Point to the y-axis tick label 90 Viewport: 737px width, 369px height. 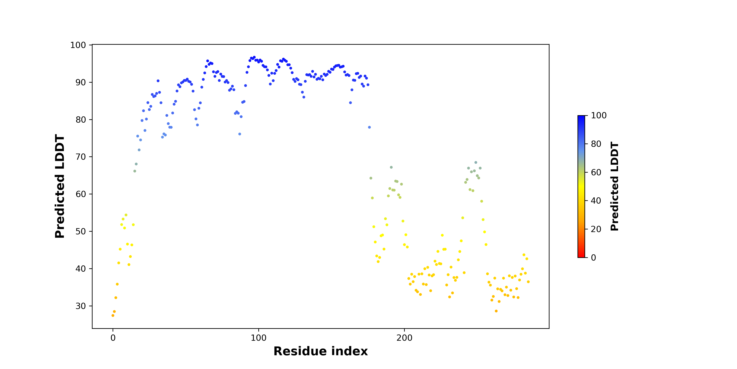[x=81, y=82]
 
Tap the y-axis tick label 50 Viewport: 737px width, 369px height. [x=81, y=231]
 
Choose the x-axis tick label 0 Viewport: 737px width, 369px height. [x=113, y=338]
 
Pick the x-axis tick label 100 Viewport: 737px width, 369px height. [x=259, y=338]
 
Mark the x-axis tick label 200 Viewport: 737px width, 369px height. [x=405, y=338]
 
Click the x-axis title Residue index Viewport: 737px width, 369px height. [x=321, y=351]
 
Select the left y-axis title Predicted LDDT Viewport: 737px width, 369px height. [x=60, y=186]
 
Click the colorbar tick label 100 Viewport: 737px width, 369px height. [x=599, y=115]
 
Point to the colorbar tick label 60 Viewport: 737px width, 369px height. [x=596, y=172]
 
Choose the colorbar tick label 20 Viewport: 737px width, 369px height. [x=596, y=229]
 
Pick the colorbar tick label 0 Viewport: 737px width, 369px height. [x=594, y=257]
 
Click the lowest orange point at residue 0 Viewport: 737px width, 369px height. [x=113, y=315]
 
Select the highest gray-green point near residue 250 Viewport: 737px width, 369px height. [x=476, y=162]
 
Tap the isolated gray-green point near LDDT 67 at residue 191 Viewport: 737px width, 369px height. [x=391, y=167]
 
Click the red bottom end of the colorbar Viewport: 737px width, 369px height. [x=581, y=257]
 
